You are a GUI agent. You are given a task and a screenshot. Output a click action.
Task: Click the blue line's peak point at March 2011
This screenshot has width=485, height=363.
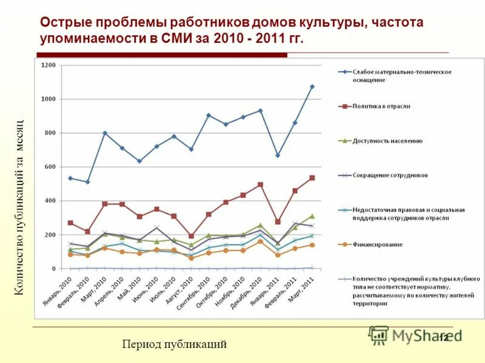click(x=312, y=87)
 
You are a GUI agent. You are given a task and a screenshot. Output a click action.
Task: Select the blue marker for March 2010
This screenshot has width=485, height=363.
click(x=105, y=133)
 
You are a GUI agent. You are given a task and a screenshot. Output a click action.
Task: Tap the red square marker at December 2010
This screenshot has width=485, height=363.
click(x=261, y=185)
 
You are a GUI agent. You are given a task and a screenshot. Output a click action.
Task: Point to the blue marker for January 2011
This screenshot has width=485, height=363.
click(x=278, y=155)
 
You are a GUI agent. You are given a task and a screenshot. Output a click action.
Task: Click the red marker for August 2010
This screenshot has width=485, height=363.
click(x=192, y=236)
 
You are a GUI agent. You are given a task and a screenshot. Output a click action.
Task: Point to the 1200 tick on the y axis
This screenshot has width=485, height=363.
click(x=48, y=65)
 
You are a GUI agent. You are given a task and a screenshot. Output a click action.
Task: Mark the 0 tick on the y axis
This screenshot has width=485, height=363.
click(x=53, y=269)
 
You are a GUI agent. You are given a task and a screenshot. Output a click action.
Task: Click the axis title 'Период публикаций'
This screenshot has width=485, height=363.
click(x=174, y=344)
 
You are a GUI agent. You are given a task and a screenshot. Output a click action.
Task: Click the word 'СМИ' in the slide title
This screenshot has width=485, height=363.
click(x=177, y=39)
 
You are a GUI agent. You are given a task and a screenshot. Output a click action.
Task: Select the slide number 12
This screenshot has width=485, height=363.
click(x=443, y=337)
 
